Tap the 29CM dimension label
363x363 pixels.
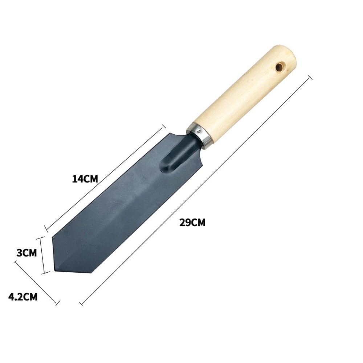[192, 223]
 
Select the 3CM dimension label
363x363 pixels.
[26, 253]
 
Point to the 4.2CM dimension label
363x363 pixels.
[23, 297]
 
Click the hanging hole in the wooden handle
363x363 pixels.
[279, 67]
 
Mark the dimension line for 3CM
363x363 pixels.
[43, 255]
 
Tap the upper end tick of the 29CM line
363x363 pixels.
[310, 78]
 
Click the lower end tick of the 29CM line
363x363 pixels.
[81, 302]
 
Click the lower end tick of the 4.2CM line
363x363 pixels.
[57, 303]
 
